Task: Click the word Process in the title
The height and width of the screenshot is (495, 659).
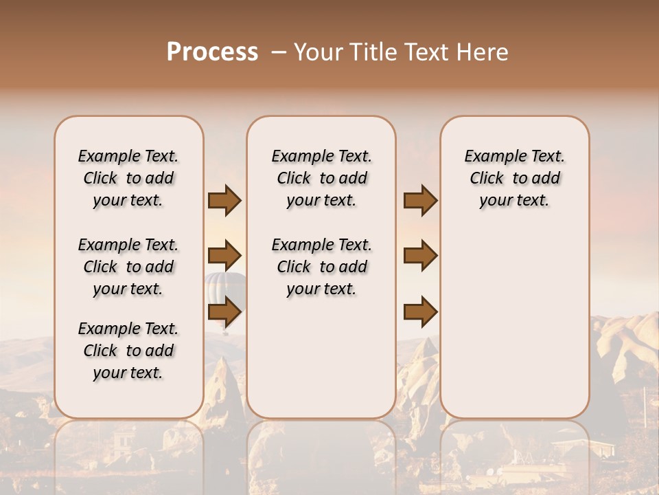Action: pyautogui.click(x=212, y=52)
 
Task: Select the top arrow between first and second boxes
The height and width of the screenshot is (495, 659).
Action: pyautogui.click(x=224, y=201)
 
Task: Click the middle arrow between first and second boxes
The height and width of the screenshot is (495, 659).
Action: pyautogui.click(x=224, y=256)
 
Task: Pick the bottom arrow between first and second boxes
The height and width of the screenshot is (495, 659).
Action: pyautogui.click(x=224, y=312)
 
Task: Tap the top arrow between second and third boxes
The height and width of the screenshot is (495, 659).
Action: pyautogui.click(x=420, y=201)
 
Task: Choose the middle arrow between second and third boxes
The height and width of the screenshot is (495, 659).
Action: pyautogui.click(x=420, y=256)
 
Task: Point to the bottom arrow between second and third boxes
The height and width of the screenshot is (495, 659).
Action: pyautogui.click(x=420, y=312)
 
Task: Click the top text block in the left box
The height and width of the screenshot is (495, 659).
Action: pyautogui.click(x=128, y=178)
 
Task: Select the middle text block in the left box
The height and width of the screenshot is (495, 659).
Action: pyautogui.click(x=128, y=267)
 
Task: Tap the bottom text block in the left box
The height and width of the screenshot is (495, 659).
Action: pyautogui.click(x=128, y=351)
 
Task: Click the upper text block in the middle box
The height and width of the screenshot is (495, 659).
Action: pyautogui.click(x=321, y=178)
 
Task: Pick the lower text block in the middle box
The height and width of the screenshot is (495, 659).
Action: pyautogui.click(x=321, y=267)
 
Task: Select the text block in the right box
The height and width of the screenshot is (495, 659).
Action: pyautogui.click(x=514, y=178)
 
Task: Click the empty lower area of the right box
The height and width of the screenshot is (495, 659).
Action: pyautogui.click(x=514, y=323)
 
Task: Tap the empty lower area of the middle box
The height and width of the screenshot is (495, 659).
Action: pyautogui.click(x=321, y=357)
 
